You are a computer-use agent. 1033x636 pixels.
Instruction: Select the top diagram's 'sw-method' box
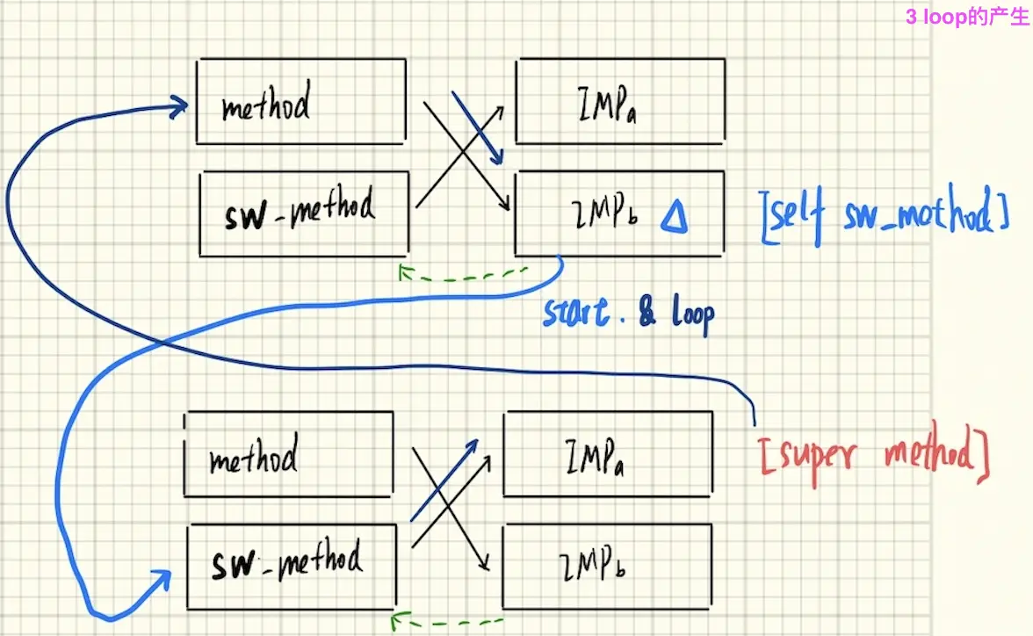(x=304, y=213)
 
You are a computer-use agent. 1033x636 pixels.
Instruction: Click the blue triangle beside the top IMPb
(x=674, y=217)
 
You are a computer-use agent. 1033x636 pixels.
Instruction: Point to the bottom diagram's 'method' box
(x=288, y=454)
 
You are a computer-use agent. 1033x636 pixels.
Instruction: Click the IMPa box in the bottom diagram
(x=607, y=454)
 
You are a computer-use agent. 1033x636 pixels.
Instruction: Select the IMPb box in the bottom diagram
(x=607, y=563)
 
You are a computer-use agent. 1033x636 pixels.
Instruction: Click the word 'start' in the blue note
(x=576, y=313)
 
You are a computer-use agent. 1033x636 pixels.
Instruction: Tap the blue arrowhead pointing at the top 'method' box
(x=179, y=108)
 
